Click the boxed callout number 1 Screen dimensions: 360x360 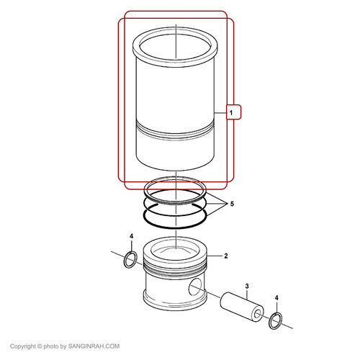[x=231, y=112]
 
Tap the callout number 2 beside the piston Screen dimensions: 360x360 [x=226, y=256]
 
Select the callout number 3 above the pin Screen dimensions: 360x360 [x=247, y=286]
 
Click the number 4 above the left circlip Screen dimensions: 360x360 [x=131, y=236]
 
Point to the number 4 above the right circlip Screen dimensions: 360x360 [x=276, y=298]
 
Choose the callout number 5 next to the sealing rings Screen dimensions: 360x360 [x=232, y=204]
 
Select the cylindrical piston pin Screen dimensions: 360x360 [x=242, y=307]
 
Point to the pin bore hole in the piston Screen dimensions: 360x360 [x=195, y=287]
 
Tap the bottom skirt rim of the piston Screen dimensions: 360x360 [x=175, y=305]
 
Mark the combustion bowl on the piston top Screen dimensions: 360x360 [x=175, y=250]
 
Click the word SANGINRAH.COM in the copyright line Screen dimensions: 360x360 [x=94, y=346]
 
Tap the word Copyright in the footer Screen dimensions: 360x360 [x=23, y=346]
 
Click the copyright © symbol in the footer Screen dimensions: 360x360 [x=40, y=346]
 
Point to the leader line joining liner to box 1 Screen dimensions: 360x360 [x=220, y=112]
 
